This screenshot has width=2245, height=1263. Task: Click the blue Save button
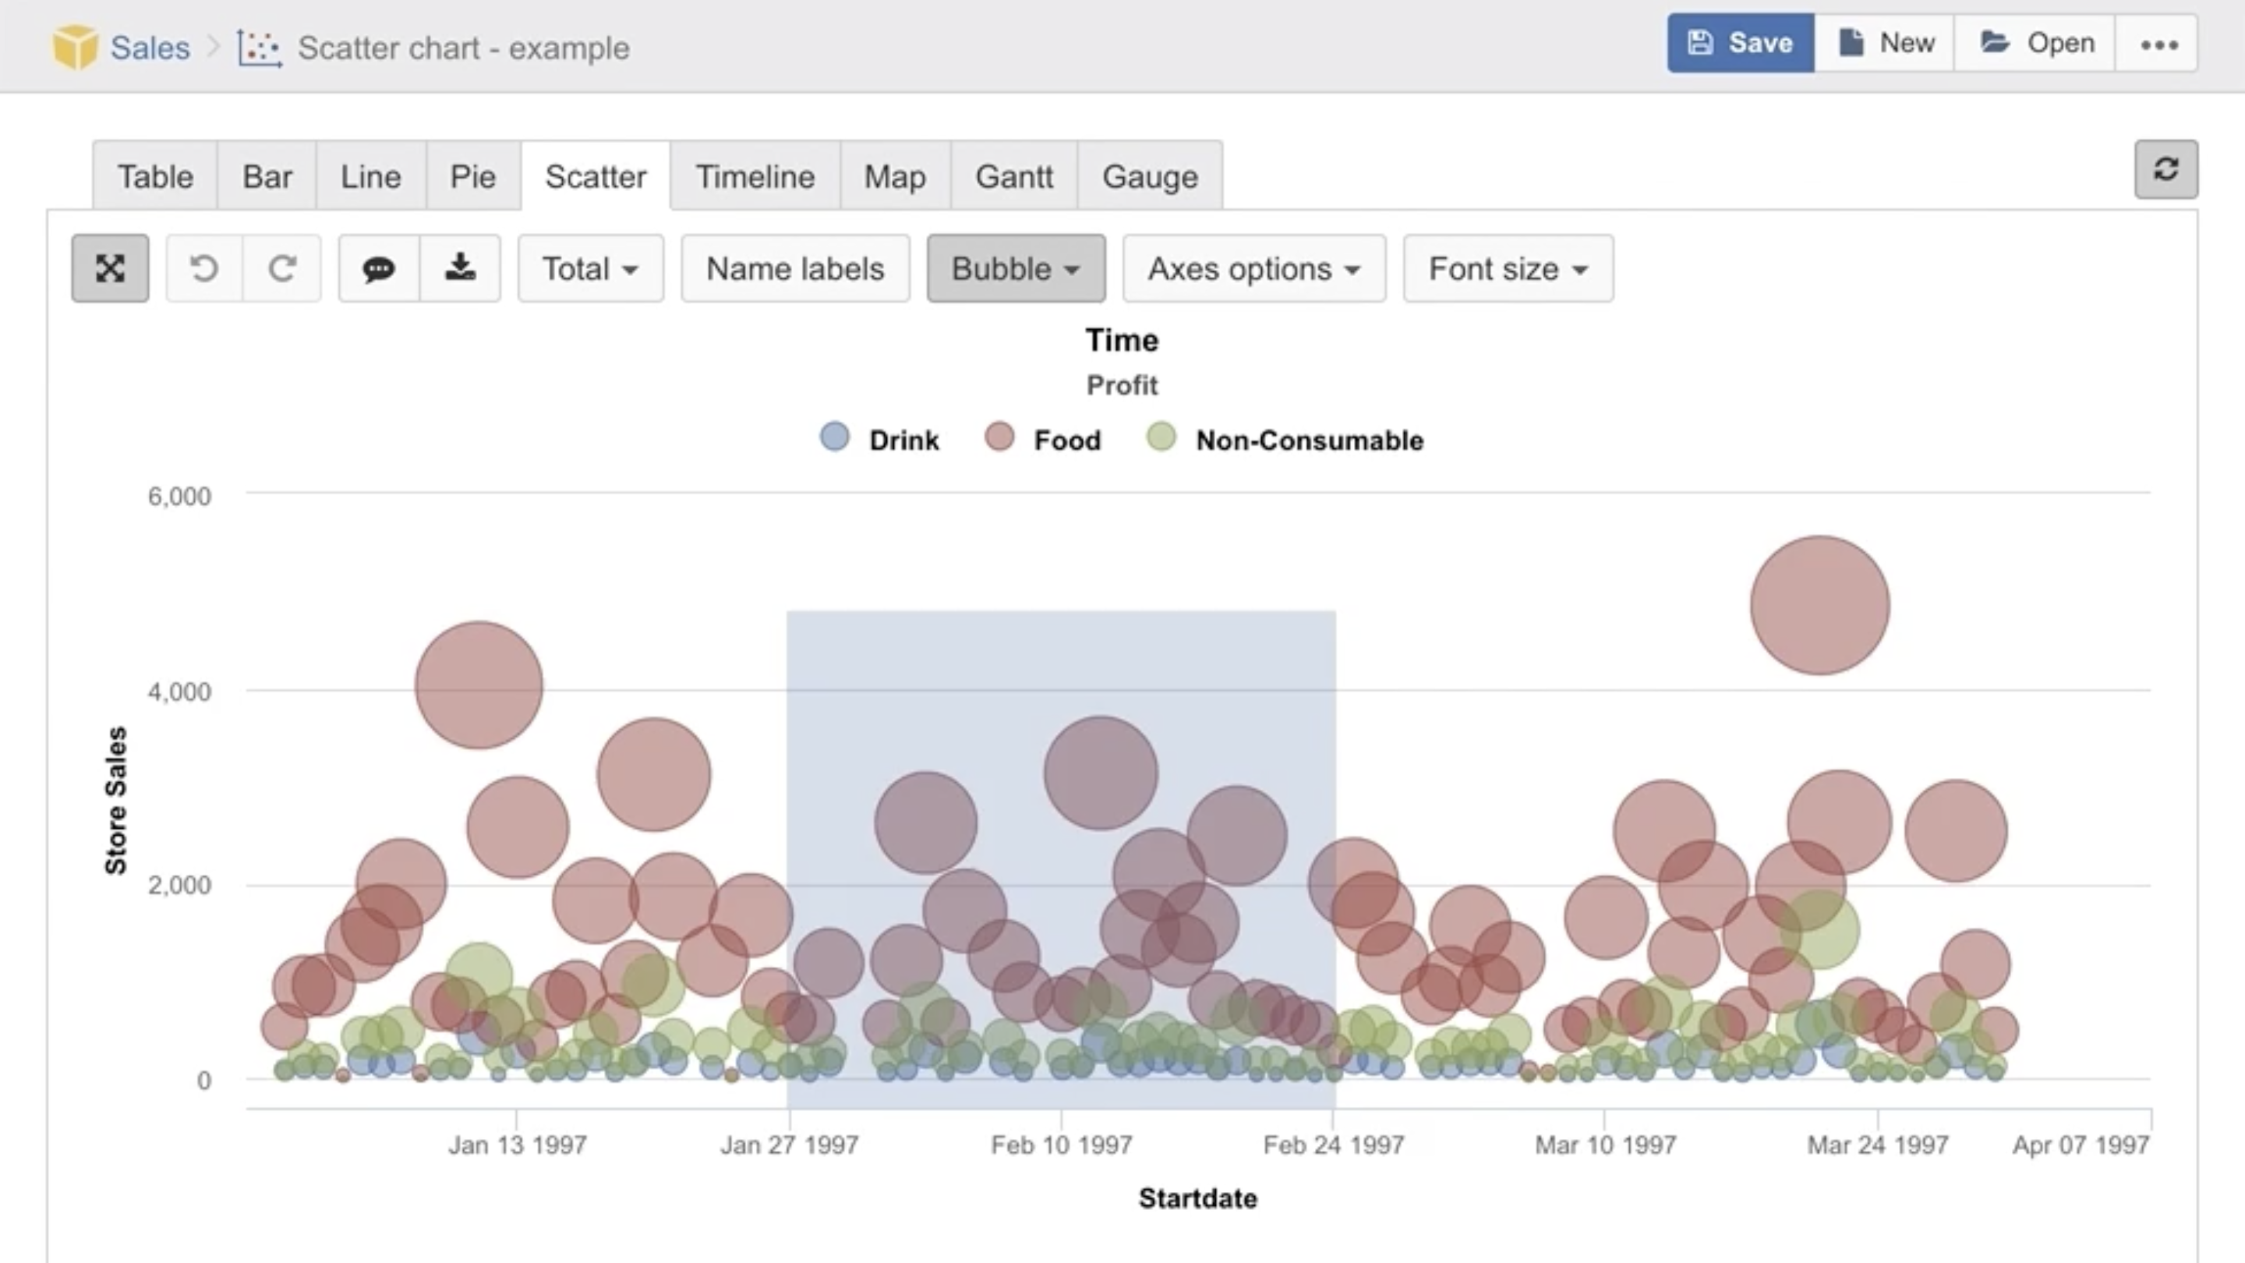tap(1740, 43)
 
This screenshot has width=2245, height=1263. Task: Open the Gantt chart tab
tap(1013, 177)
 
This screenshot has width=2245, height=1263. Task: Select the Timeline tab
tap(755, 177)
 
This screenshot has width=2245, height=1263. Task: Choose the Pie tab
tap(472, 177)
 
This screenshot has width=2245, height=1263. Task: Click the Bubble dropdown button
tap(1015, 268)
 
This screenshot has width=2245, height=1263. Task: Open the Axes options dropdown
tap(1253, 268)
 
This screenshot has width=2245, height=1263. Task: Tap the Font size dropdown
tap(1507, 268)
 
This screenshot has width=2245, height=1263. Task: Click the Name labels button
tap(795, 268)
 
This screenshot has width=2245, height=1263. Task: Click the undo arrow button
tap(204, 268)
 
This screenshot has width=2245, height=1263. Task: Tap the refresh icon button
tap(2165, 169)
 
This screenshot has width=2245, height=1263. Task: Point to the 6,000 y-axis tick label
tap(179, 497)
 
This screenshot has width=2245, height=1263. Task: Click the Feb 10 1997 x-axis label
tap(1061, 1144)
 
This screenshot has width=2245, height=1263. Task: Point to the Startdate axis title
tap(1197, 1198)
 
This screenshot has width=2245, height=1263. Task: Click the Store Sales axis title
tap(116, 799)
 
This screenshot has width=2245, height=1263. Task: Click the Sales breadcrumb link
tap(149, 48)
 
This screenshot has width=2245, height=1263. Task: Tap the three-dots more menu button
tap(2158, 44)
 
